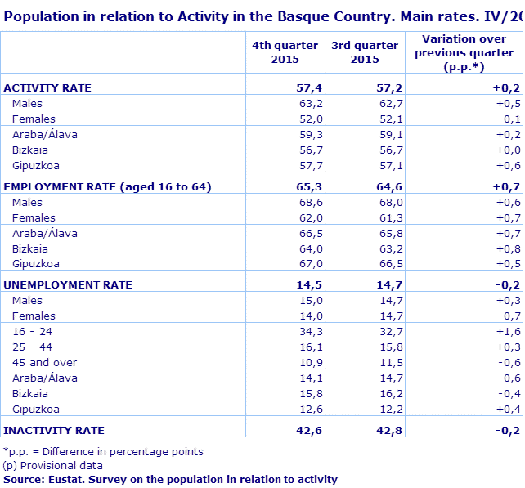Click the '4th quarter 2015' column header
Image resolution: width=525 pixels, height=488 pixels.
click(285, 52)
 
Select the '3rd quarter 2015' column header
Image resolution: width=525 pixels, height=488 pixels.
click(365, 52)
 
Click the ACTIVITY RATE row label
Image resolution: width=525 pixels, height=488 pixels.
click(47, 87)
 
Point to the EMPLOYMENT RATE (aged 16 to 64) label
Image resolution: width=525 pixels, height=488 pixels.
click(108, 186)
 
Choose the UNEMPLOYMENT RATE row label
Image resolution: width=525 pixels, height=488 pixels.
click(68, 284)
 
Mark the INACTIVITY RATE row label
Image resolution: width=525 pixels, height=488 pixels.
click(54, 430)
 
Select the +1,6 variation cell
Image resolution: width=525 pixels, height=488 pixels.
click(509, 331)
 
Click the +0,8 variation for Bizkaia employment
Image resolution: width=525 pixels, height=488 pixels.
click(509, 248)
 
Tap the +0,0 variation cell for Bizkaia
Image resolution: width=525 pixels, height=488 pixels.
click(509, 150)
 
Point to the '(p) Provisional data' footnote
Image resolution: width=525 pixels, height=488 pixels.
click(53, 465)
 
